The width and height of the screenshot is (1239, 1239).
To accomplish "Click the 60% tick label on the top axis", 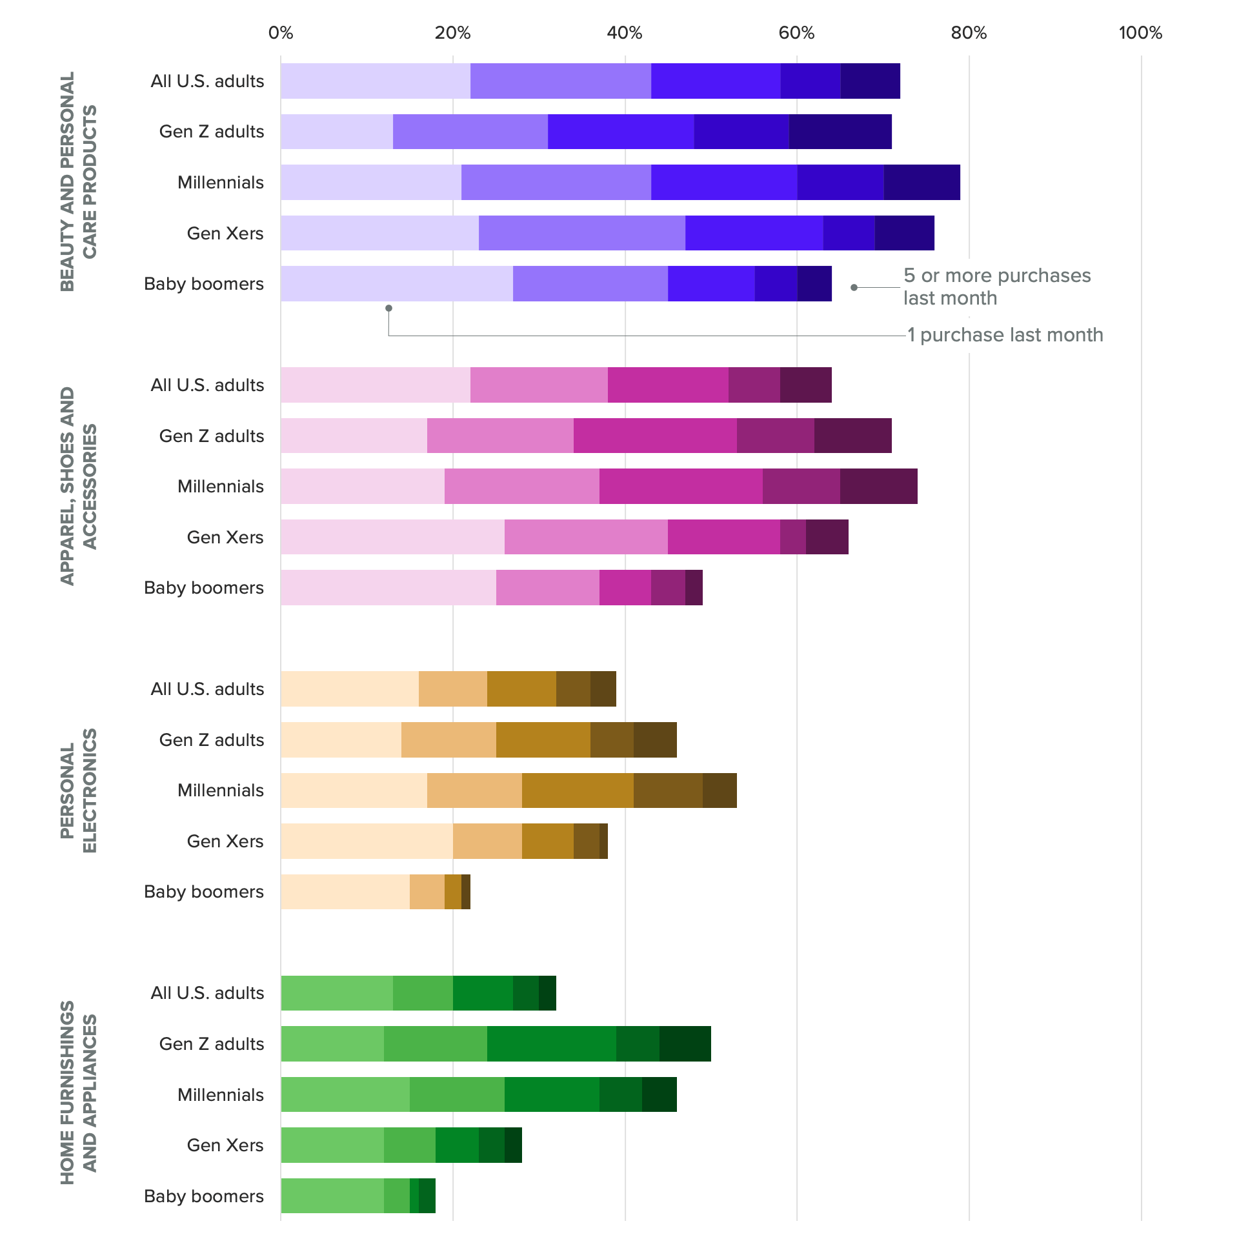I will pyautogui.click(x=796, y=33).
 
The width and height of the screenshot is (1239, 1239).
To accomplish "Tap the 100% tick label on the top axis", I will pyautogui.click(x=1140, y=33).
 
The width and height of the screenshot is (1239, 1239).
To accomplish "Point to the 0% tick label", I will pyautogui.click(x=281, y=33).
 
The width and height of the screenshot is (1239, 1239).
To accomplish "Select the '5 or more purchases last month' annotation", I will pyautogui.click(x=996, y=287).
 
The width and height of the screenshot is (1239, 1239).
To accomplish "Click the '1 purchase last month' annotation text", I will pyautogui.click(x=1005, y=335).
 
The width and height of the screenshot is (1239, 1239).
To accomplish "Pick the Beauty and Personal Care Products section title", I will pyautogui.click(x=78, y=181).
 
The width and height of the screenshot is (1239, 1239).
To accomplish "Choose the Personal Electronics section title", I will pyautogui.click(x=78, y=791).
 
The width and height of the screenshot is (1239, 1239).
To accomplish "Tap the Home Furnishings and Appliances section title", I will pyautogui.click(x=78, y=1093).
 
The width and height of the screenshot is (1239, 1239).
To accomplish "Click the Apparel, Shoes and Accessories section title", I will pyautogui.click(x=78, y=486).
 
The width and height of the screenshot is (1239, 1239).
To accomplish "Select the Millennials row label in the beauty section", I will pyautogui.click(x=220, y=183).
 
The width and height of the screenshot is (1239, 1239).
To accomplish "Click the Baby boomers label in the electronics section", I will pyautogui.click(x=203, y=892).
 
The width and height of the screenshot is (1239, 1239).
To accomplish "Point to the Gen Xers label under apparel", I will pyautogui.click(x=225, y=538).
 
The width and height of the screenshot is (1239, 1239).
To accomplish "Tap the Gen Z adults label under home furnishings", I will pyautogui.click(x=211, y=1044).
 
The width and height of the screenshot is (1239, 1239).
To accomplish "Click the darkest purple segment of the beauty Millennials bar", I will pyautogui.click(x=922, y=183).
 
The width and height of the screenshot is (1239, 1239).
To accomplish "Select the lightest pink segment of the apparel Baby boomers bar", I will pyautogui.click(x=388, y=588).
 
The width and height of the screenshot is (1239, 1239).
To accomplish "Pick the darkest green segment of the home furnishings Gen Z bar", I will pyautogui.click(x=685, y=1044).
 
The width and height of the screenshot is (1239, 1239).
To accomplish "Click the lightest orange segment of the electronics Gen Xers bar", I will pyautogui.click(x=367, y=841).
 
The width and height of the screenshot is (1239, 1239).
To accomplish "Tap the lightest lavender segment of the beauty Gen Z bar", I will pyautogui.click(x=336, y=132).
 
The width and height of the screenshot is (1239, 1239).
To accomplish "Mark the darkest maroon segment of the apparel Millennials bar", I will pyautogui.click(x=878, y=487).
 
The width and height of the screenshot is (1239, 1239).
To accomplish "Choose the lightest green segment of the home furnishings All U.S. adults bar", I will pyautogui.click(x=336, y=993).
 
